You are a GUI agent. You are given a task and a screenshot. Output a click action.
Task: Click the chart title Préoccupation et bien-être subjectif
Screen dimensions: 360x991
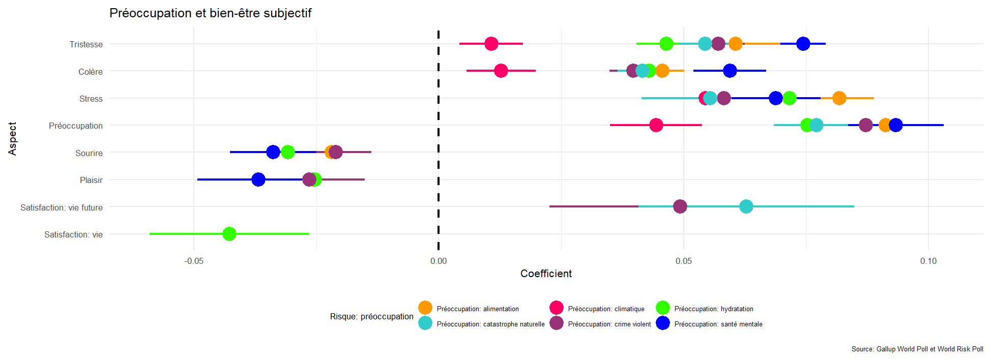[x=210, y=13]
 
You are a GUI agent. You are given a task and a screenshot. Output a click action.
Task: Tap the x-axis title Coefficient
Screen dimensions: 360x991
[x=546, y=274]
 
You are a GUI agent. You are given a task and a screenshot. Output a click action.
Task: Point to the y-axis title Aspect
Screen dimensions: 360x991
[x=12, y=138]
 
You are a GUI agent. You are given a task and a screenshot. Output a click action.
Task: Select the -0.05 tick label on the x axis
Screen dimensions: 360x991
[x=194, y=261]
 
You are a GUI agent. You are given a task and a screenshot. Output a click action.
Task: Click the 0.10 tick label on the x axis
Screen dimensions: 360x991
[x=928, y=261]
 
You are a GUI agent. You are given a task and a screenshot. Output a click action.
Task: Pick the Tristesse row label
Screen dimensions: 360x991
[x=86, y=44]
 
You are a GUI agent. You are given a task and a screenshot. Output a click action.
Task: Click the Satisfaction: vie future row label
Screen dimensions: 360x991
[x=62, y=207]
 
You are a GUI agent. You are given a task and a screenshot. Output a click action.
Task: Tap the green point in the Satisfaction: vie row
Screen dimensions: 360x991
[x=229, y=234]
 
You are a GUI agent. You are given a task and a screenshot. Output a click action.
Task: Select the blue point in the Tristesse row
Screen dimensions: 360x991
[x=803, y=44]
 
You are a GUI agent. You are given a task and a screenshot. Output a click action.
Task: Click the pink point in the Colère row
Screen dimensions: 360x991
[x=501, y=71]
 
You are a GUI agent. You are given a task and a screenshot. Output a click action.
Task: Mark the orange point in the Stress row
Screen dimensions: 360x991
[x=839, y=98]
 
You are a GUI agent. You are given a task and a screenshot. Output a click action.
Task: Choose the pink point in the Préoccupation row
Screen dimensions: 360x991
[x=656, y=125]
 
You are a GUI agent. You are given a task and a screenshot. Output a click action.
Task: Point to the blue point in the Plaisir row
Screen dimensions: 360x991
[x=258, y=179]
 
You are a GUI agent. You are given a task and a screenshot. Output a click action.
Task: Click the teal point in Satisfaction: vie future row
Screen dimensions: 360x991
[x=746, y=206]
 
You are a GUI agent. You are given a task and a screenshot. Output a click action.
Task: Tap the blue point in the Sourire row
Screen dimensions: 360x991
[x=273, y=152]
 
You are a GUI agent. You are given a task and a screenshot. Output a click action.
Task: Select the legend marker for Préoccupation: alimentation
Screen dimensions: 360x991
[x=425, y=308]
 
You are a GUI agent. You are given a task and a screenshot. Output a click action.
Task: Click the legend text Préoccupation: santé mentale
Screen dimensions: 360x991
[x=718, y=324]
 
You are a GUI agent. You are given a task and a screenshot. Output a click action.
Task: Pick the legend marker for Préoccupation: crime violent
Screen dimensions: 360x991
[x=557, y=323]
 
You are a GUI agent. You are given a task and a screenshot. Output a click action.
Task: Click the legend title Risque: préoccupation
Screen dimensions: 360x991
[x=371, y=316]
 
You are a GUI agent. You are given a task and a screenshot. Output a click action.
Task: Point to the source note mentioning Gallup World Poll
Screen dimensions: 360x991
[x=917, y=349]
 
